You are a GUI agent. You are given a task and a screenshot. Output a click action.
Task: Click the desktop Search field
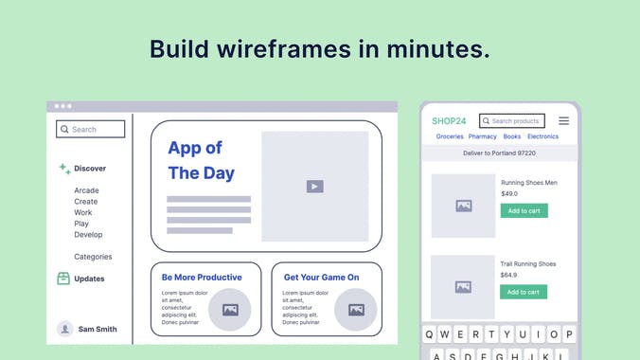90,129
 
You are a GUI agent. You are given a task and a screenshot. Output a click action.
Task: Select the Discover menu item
90,169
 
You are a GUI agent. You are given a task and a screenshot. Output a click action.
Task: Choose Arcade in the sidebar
86,190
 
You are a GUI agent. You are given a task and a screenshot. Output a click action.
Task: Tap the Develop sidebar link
88,235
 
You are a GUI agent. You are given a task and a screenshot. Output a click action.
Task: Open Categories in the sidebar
93,257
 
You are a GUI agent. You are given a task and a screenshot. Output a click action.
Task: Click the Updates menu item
89,279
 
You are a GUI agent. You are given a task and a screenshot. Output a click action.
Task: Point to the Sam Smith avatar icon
65,329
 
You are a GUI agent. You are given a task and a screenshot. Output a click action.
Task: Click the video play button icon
315,187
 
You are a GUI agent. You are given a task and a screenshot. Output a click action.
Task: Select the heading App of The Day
201,160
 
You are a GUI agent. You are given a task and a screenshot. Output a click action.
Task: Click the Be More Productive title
202,278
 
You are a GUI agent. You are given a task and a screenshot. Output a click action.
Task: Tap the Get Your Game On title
321,278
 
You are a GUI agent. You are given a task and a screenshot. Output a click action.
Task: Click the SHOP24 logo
449,121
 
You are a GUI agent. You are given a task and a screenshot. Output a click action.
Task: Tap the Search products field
512,121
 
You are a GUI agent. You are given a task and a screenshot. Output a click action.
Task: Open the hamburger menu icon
563,121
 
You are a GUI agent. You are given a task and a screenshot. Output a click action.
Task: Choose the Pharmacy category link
483,136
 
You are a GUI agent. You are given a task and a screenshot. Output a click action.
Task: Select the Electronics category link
542,136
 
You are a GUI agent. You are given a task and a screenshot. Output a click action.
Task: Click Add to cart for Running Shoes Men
524,211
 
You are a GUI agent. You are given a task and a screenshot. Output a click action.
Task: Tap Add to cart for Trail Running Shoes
524,292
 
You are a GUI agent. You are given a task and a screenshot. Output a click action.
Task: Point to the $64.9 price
509,275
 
